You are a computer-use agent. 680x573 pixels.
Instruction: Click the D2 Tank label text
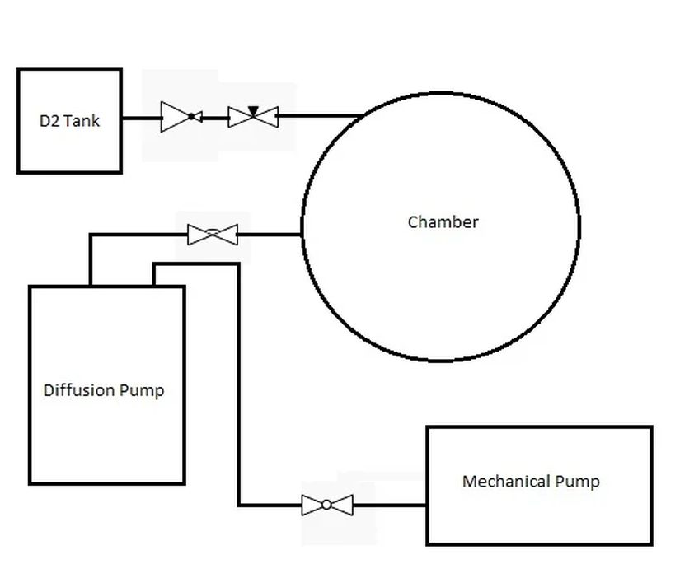[x=69, y=121]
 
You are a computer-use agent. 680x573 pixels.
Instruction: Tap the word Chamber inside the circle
[x=443, y=222]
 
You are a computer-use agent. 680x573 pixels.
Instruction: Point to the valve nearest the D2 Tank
[x=181, y=117]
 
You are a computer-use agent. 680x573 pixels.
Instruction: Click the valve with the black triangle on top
[x=253, y=116]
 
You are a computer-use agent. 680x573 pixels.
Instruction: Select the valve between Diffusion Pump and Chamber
[x=213, y=235]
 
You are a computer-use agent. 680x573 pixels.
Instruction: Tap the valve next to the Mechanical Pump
[x=327, y=505]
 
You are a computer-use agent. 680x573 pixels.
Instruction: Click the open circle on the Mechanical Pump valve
[x=327, y=505]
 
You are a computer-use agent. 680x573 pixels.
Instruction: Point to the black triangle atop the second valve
[x=253, y=111]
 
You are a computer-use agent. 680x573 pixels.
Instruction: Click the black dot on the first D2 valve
[x=191, y=117]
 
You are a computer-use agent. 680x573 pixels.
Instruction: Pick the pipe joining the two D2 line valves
[x=215, y=118]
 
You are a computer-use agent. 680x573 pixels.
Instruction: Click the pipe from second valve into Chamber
[x=321, y=115]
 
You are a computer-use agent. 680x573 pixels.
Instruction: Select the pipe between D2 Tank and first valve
[x=142, y=118]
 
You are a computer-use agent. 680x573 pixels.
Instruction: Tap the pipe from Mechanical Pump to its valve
[x=390, y=505]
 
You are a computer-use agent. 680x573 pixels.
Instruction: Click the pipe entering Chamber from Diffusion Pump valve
[x=270, y=235]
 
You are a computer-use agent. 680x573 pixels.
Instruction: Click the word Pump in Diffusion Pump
[x=142, y=391]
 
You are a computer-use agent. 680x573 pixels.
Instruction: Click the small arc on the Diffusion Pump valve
[x=213, y=231]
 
